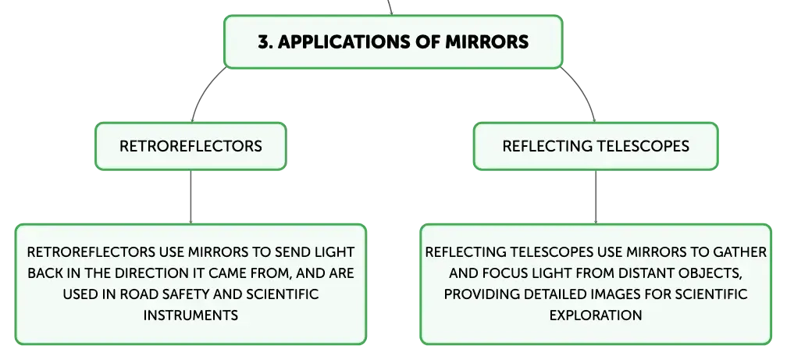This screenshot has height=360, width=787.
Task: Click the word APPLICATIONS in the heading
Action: (x=344, y=41)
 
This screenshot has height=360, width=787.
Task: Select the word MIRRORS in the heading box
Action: (x=487, y=41)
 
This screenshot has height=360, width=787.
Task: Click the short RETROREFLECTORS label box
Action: (x=191, y=146)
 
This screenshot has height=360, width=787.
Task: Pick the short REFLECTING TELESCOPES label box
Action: (x=596, y=146)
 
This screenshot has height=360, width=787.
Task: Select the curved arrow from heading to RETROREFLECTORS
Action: (x=201, y=91)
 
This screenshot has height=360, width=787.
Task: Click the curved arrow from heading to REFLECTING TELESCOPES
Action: (x=584, y=91)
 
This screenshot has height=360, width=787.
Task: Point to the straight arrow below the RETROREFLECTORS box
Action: (x=191, y=197)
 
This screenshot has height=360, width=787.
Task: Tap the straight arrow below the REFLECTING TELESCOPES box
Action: (x=596, y=197)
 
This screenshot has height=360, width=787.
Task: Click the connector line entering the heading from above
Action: (x=390, y=8)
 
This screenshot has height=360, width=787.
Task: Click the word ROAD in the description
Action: (x=135, y=294)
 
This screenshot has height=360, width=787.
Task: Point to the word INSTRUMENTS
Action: (x=191, y=315)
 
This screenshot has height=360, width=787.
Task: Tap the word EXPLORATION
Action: (x=596, y=315)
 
